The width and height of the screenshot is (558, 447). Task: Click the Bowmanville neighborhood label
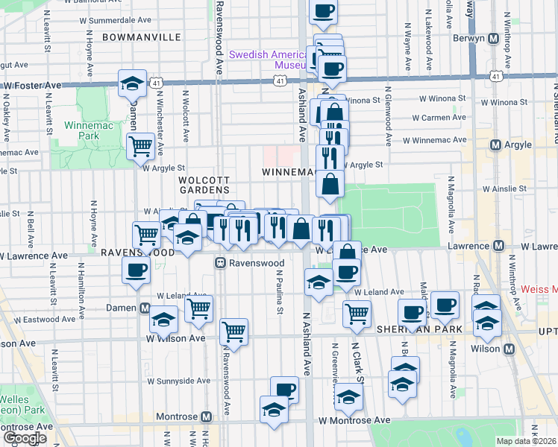(141, 37)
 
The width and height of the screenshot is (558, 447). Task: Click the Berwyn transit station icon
(494, 39)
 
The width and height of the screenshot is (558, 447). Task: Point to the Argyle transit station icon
(494, 144)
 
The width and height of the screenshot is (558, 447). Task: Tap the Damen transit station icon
(145, 308)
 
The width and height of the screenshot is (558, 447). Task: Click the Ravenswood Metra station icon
(220, 262)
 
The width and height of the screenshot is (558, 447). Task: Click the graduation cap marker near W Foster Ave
(132, 83)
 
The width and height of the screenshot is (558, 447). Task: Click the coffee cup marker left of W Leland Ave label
(137, 270)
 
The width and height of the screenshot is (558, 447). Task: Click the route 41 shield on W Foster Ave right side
(495, 75)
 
